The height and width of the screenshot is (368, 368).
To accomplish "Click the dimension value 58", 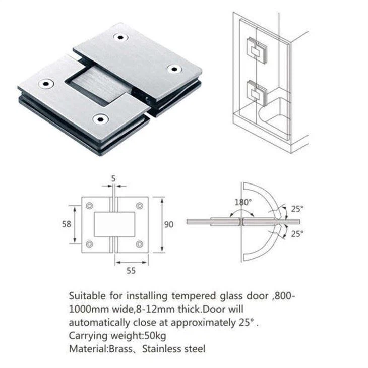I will (x=66, y=224).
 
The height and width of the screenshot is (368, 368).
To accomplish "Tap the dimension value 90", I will (x=168, y=224).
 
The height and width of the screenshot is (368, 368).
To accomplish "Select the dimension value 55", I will (x=131, y=271).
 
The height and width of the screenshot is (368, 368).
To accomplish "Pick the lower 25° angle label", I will (x=297, y=233).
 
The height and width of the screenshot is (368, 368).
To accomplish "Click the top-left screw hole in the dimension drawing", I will (x=89, y=206).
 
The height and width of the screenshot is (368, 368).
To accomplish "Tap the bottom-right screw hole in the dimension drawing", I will (x=140, y=244).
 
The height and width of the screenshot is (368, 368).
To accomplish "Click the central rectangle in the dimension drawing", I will (x=114, y=225).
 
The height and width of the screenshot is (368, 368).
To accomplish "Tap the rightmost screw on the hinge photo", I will (x=174, y=68).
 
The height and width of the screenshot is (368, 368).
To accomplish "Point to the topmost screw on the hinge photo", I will (x=119, y=37).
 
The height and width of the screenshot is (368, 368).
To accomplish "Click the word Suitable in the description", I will (x=85, y=295).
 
